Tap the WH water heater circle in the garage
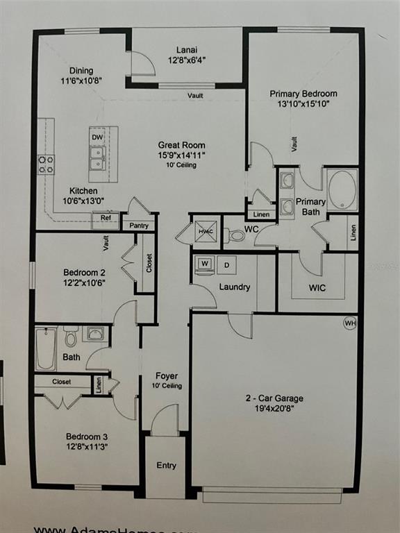(x=351, y=323)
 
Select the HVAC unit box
(x=205, y=232)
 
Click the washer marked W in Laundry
(x=205, y=264)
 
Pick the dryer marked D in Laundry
(x=227, y=264)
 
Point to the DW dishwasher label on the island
(x=97, y=137)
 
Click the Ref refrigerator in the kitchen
(x=106, y=218)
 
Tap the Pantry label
(x=138, y=226)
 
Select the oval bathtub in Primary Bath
(x=342, y=190)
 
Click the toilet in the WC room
(x=237, y=236)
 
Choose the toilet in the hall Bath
(x=71, y=339)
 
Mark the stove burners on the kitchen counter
(x=46, y=164)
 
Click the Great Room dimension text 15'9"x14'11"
(x=181, y=155)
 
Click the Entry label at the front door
(x=165, y=465)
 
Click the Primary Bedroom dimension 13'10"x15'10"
(x=303, y=104)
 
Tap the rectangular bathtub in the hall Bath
(x=47, y=348)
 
